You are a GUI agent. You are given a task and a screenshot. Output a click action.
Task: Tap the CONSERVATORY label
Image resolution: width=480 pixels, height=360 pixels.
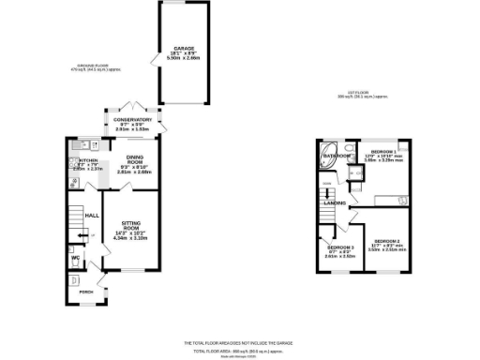132,120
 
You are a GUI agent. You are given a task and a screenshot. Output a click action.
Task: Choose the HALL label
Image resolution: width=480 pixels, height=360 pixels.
93,216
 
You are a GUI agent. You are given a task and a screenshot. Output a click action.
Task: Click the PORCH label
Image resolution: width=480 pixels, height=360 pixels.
86,292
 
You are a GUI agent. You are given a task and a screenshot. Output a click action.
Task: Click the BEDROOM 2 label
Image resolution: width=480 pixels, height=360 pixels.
386,240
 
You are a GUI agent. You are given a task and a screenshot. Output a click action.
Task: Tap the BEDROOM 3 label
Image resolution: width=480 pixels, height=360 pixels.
339,247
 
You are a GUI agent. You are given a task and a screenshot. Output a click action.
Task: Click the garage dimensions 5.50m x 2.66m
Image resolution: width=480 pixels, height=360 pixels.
183,60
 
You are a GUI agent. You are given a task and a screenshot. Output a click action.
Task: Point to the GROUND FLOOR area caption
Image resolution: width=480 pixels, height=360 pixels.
99,68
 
